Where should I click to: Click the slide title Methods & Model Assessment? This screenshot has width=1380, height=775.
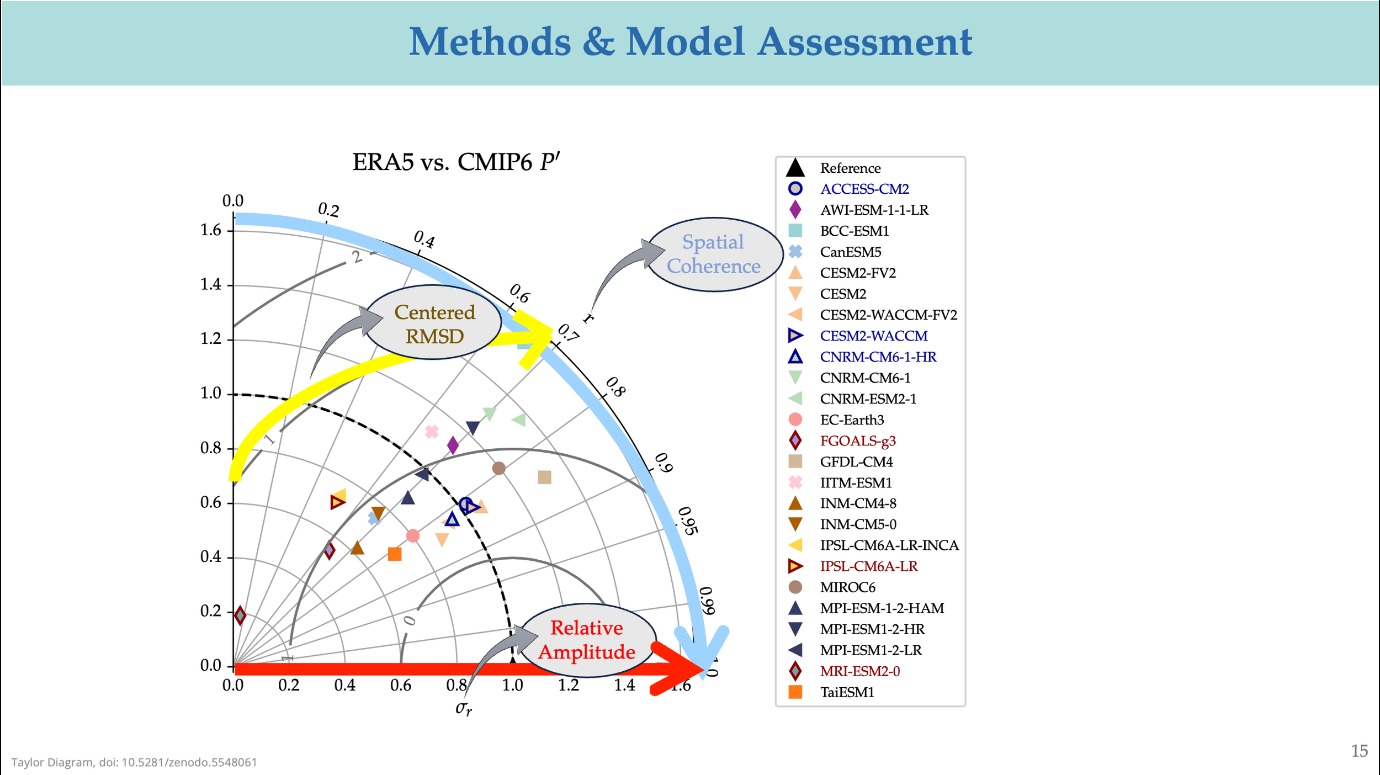pyautogui.click(x=690, y=42)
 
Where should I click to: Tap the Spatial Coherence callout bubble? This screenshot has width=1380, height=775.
pyautogui.click(x=714, y=254)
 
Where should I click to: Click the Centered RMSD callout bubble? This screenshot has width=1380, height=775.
pyautogui.click(x=434, y=324)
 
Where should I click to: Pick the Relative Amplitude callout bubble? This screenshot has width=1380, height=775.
pyautogui.click(x=587, y=640)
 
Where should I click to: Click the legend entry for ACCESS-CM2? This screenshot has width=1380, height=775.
pyautogui.click(x=864, y=189)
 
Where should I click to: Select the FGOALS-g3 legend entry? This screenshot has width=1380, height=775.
pyautogui.click(x=857, y=440)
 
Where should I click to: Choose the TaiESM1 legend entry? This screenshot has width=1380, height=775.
pyautogui.click(x=847, y=692)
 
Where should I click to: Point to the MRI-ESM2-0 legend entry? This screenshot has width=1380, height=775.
pyautogui.click(x=859, y=671)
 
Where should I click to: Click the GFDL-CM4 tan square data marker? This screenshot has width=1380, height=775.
pyautogui.click(x=544, y=477)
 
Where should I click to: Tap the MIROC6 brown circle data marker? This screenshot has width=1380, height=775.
pyautogui.click(x=498, y=468)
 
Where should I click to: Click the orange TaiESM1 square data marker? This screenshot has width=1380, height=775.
pyautogui.click(x=395, y=554)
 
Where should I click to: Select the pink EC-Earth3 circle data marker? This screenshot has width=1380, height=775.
pyautogui.click(x=412, y=535)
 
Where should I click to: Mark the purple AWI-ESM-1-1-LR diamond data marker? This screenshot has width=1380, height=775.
pyautogui.click(x=453, y=445)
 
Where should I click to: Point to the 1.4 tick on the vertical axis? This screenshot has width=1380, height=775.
pyautogui.click(x=210, y=285)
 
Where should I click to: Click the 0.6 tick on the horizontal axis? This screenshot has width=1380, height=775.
pyautogui.click(x=401, y=686)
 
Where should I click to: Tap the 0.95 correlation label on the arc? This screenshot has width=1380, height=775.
pyautogui.click(x=688, y=521)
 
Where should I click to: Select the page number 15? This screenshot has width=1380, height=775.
pyautogui.click(x=1359, y=751)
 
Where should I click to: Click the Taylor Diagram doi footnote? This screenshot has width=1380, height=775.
pyautogui.click(x=134, y=762)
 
